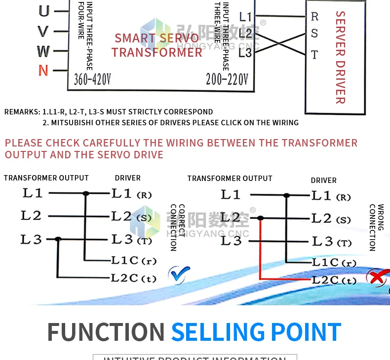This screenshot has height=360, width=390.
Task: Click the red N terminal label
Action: pos(43,71)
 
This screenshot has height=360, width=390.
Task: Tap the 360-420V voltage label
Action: pos(92,79)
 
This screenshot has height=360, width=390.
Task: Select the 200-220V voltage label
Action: pos(227,79)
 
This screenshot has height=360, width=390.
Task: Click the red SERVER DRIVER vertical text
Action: pos(340,57)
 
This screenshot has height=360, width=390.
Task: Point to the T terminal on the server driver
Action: pos(314,54)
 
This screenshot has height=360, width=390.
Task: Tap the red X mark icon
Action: pos(377,277)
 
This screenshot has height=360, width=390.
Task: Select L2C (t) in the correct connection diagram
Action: pos(133,278)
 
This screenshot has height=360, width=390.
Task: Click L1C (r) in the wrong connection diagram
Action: pos(334,262)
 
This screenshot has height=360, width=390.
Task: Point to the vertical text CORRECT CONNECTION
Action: pos(177,227)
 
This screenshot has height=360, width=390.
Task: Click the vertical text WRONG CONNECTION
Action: pos(376,227)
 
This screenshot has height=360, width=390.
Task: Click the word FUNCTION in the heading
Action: pos(106,332)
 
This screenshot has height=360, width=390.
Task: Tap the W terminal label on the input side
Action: pos(43,51)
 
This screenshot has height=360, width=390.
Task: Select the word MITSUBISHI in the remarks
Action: pos(74,122)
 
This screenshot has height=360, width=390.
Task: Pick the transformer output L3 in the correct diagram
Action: pos(31,239)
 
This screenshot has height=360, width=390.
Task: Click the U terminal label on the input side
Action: pos(43,11)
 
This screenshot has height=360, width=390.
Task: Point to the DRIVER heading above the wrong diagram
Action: pos(323,180)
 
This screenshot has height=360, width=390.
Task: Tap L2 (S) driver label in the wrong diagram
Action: pos(331,218)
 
